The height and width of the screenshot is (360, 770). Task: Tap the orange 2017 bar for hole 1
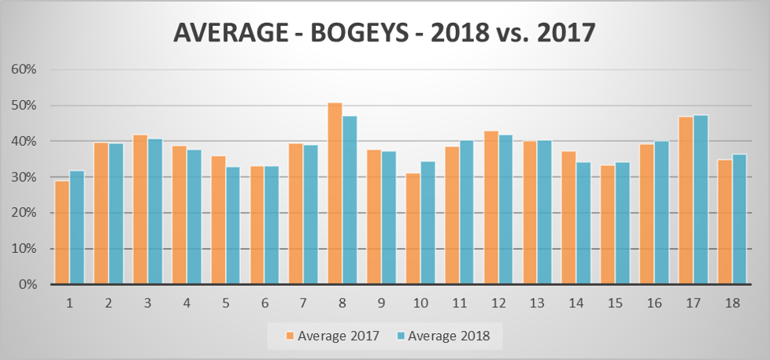[61, 232]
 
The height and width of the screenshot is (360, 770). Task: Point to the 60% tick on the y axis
[25, 69]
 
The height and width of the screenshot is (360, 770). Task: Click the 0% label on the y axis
[28, 284]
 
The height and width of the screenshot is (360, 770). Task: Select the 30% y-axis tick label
[25, 177]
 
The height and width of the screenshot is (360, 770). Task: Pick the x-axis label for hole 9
[381, 302]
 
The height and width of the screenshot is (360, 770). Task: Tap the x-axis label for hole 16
[654, 302]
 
